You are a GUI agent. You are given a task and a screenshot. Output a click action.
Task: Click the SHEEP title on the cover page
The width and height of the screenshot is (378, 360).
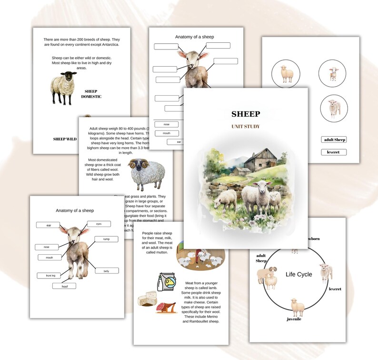(x=246, y=114)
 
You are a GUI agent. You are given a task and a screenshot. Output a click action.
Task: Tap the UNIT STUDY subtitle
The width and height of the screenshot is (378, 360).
(x=246, y=127)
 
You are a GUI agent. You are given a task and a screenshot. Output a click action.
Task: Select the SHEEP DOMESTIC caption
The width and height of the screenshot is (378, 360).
(x=91, y=94)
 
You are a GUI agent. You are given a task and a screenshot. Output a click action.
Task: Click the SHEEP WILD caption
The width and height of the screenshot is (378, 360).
(x=65, y=139)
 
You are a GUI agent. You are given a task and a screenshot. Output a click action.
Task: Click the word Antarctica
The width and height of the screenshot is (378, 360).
(x=106, y=45)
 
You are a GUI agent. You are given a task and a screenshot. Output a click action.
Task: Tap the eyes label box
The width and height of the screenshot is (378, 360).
(x=99, y=224)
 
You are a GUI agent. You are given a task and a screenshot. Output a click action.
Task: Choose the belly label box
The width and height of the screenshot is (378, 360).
(x=106, y=271)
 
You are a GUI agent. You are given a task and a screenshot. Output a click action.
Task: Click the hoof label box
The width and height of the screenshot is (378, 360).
(x=64, y=286)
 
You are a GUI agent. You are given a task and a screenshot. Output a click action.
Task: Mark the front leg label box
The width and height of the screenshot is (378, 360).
(x=49, y=275)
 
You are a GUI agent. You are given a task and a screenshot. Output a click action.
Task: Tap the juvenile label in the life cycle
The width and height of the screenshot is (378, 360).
(x=294, y=319)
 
